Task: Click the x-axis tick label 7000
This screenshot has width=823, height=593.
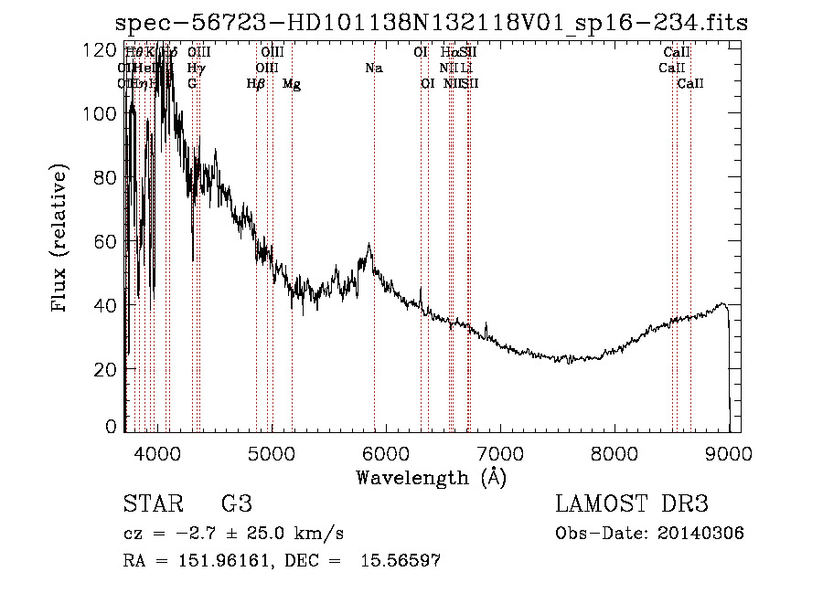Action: coord(499,452)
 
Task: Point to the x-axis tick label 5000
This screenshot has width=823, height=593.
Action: coord(271,452)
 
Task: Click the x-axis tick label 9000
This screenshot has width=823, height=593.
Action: coord(728,452)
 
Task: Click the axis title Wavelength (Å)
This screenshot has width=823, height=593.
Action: coord(431,476)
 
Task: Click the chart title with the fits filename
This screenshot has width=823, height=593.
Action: coord(431,24)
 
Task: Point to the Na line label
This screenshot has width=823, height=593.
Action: coord(373,69)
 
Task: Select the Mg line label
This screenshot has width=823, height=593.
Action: coord(292,84)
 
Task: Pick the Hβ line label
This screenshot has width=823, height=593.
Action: coord(256,84)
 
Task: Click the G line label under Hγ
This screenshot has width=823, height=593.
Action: coord(192,84)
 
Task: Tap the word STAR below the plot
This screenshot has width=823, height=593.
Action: coord(152,505)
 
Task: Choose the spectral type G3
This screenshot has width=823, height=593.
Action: coord(237,505)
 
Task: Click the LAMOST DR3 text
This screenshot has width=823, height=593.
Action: coord(631,505)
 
